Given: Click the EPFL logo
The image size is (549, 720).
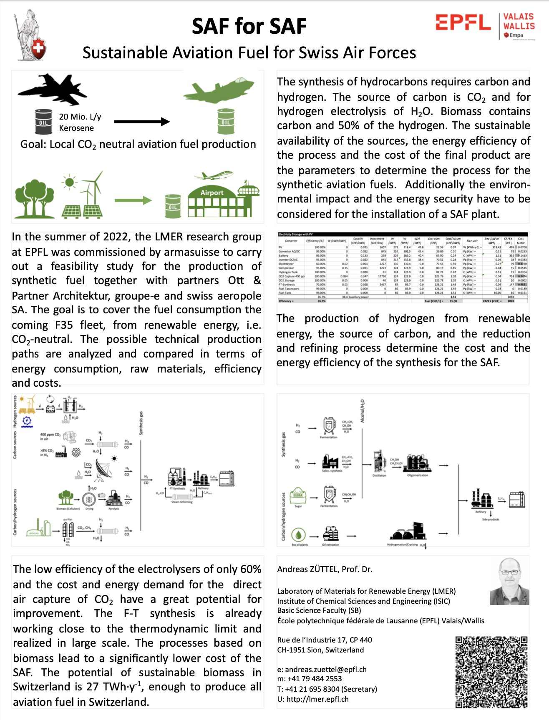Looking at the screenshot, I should pyautogui.click(x=463, y=22).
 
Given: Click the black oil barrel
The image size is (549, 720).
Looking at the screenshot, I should pyautogui.click(x=43, y=122).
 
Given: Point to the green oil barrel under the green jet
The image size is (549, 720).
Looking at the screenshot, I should pyautogui.click(x=226, y=121).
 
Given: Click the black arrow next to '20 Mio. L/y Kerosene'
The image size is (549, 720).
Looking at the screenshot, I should pyautogui.click(x=142, y=122).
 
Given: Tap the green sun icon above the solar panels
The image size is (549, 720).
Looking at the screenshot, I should pyautogui.click(x=69, y=182).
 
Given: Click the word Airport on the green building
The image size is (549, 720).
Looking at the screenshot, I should pyautogui.click(x=212, y=192).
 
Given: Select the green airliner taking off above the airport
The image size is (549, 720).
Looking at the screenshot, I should pyautogui.click(x=216, y=175).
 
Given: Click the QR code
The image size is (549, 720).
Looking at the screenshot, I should pyautogui.click(x=491, y=671).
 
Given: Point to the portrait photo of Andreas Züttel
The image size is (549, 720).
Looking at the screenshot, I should pyautogui.click(x=509, y=581).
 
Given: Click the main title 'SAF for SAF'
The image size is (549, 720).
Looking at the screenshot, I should pyautogui.click(x=249, y=26).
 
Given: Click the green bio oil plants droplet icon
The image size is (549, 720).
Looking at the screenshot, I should pyautogui.click(x=299, y=535).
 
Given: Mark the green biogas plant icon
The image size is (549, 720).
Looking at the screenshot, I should pyautogui.click(x=38, y=529).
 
